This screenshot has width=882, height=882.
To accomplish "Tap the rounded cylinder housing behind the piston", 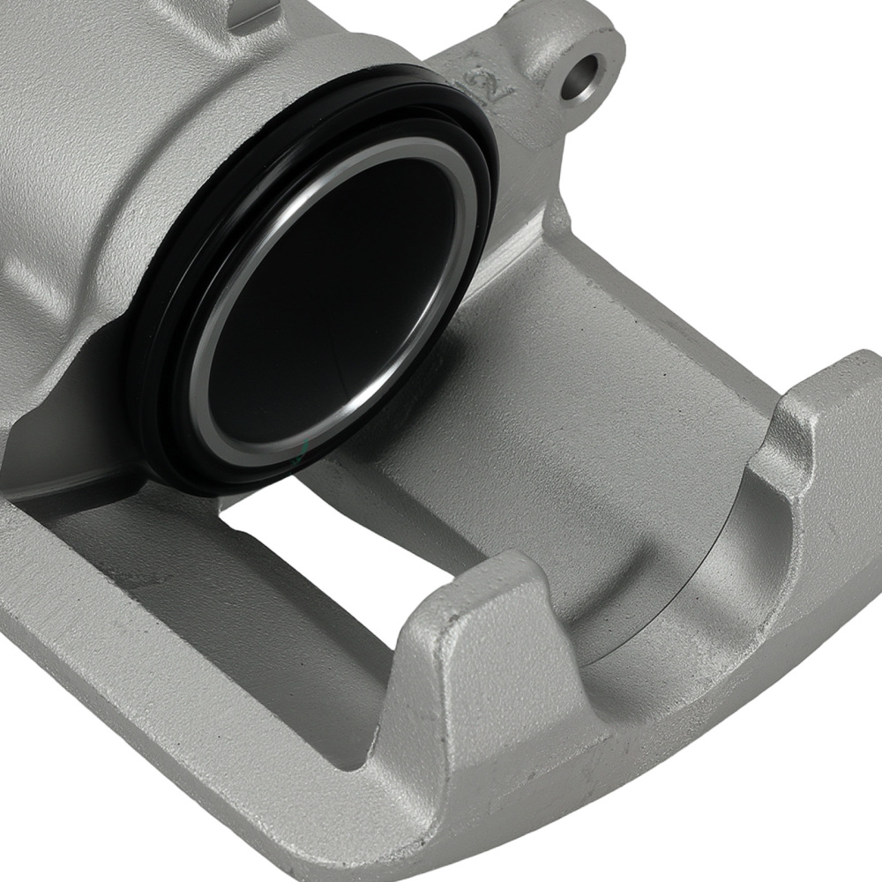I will pos(106,176).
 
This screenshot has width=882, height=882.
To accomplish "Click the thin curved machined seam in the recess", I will pos(697,573).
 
